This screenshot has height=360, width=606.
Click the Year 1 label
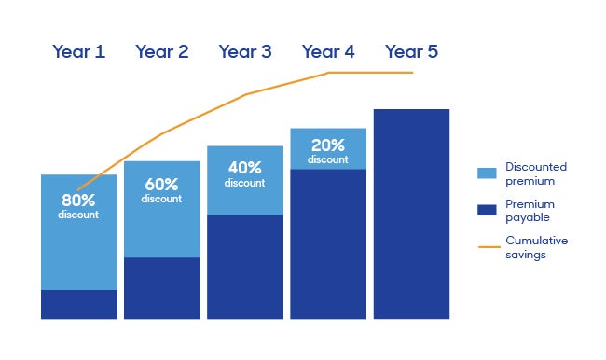[78, 52]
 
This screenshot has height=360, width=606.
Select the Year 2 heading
[161, 52]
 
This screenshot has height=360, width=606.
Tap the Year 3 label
[245, 52]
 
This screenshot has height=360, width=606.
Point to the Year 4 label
[328, 52]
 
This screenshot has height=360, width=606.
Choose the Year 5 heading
[411, 52]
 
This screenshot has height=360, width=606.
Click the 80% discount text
[79, 206]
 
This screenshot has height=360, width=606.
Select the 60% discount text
[162, 190]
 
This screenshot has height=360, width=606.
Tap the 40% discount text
[245, 174]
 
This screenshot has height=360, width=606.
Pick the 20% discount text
[328, 151]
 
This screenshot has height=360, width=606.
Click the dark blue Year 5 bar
[411, 214]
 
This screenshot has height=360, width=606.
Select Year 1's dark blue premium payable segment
[79, 304]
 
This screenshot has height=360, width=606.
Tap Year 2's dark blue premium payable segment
[162, 288]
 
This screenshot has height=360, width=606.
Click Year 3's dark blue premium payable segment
[245, 267]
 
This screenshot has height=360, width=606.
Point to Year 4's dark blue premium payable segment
[328, 243]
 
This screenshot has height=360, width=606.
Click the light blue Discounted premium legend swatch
[487, 173]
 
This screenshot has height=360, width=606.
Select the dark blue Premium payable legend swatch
[487, 210]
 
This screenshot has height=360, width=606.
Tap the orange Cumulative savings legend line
[487, 247]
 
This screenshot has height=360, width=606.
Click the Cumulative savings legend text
[536, 247]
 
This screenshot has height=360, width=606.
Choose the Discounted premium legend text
[535, 173]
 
